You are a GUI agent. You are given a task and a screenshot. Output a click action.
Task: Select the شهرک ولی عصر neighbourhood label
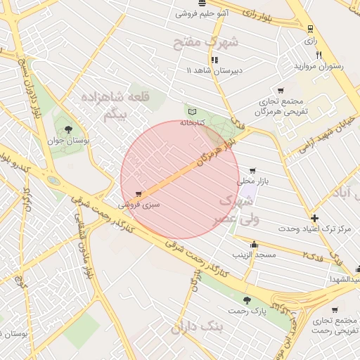pos(239,210)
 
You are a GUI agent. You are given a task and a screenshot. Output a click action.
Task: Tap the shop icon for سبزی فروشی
pos(139,194)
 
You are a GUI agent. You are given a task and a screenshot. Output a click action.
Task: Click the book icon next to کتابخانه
pos(192,111)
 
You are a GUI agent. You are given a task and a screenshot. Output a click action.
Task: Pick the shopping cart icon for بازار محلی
pos(252,170)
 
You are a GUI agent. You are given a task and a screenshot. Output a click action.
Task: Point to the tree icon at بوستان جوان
pos(67,129)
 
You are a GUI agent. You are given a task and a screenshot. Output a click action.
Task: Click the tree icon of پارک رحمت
pos(245,300)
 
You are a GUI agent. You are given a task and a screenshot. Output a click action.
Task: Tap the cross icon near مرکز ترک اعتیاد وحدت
pos(314,218)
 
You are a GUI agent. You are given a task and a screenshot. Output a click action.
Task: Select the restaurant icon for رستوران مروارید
pos(319,55)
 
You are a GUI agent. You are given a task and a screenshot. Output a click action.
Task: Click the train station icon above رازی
pos(310,29)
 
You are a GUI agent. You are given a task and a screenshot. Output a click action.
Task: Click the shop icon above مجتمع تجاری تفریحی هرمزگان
pos(281,91)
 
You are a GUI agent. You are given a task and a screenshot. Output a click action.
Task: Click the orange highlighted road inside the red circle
pos(169,179)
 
